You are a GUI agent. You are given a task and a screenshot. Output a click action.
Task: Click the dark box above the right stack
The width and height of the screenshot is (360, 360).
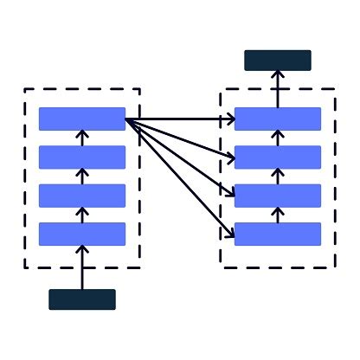[277, 61]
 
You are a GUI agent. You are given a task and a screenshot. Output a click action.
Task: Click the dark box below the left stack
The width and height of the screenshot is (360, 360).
[82, 299]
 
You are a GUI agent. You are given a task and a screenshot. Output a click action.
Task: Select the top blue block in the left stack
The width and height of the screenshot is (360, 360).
[82, 119]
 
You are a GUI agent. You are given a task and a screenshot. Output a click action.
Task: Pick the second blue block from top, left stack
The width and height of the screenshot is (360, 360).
[82, 157]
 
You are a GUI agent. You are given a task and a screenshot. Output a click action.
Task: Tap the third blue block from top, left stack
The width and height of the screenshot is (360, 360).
[82, 196]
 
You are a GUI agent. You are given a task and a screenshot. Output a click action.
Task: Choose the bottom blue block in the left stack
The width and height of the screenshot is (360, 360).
[82, 234]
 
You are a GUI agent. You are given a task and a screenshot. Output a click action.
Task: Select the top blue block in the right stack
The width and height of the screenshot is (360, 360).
[277, 119]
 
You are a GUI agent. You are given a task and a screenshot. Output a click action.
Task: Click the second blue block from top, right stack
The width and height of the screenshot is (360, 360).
[277, 157]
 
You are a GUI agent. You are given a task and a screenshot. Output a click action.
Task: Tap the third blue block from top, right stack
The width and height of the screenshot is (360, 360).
[277, 196]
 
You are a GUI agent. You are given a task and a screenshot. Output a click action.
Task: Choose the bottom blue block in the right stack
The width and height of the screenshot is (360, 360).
[277, 234]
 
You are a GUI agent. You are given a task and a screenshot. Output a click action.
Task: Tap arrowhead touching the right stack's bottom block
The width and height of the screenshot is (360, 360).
[231, 231]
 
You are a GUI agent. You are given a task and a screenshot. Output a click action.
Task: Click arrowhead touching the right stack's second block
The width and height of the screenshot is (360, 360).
[231, 157]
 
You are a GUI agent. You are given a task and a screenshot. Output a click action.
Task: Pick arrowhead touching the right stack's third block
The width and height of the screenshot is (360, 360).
[231, 194]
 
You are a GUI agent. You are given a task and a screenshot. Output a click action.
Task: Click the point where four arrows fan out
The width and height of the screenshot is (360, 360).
[127, 119]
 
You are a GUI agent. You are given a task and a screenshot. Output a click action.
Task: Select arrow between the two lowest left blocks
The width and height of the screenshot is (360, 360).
[82, 215]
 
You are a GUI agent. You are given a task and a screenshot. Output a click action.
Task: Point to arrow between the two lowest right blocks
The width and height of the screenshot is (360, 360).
[277, 215]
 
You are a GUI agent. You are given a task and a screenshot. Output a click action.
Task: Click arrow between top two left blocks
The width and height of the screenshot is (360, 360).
[82, 138]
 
